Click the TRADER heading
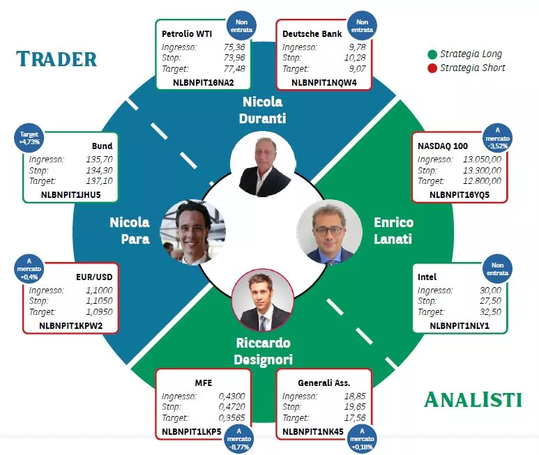[x=56, y=59]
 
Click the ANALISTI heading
[x=473, y=399]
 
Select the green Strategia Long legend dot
[x=432, y=54]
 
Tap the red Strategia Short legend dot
[x=432, y=68]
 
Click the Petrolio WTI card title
[x=187, y=33]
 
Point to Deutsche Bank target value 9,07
[x=358, y=69]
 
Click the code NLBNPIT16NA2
[x=203, y=82]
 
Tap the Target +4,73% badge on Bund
[x=29, y=138]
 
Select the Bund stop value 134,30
[x=99, y=170]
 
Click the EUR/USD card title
[x=94, y=277]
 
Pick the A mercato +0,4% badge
[x=29, y=268]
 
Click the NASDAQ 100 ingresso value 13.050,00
[x=482, y=160]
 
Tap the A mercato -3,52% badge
[x=497, y=138]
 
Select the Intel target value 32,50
[x=490, y=311]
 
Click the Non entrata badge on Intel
[x=497, y=269]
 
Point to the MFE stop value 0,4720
[x=231, y=407]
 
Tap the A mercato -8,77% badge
[x=239, y=439]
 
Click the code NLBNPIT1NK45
[x=313, y=431]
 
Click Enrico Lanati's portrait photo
[x=329, y=232]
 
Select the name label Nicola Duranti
[x=263, y=110]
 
